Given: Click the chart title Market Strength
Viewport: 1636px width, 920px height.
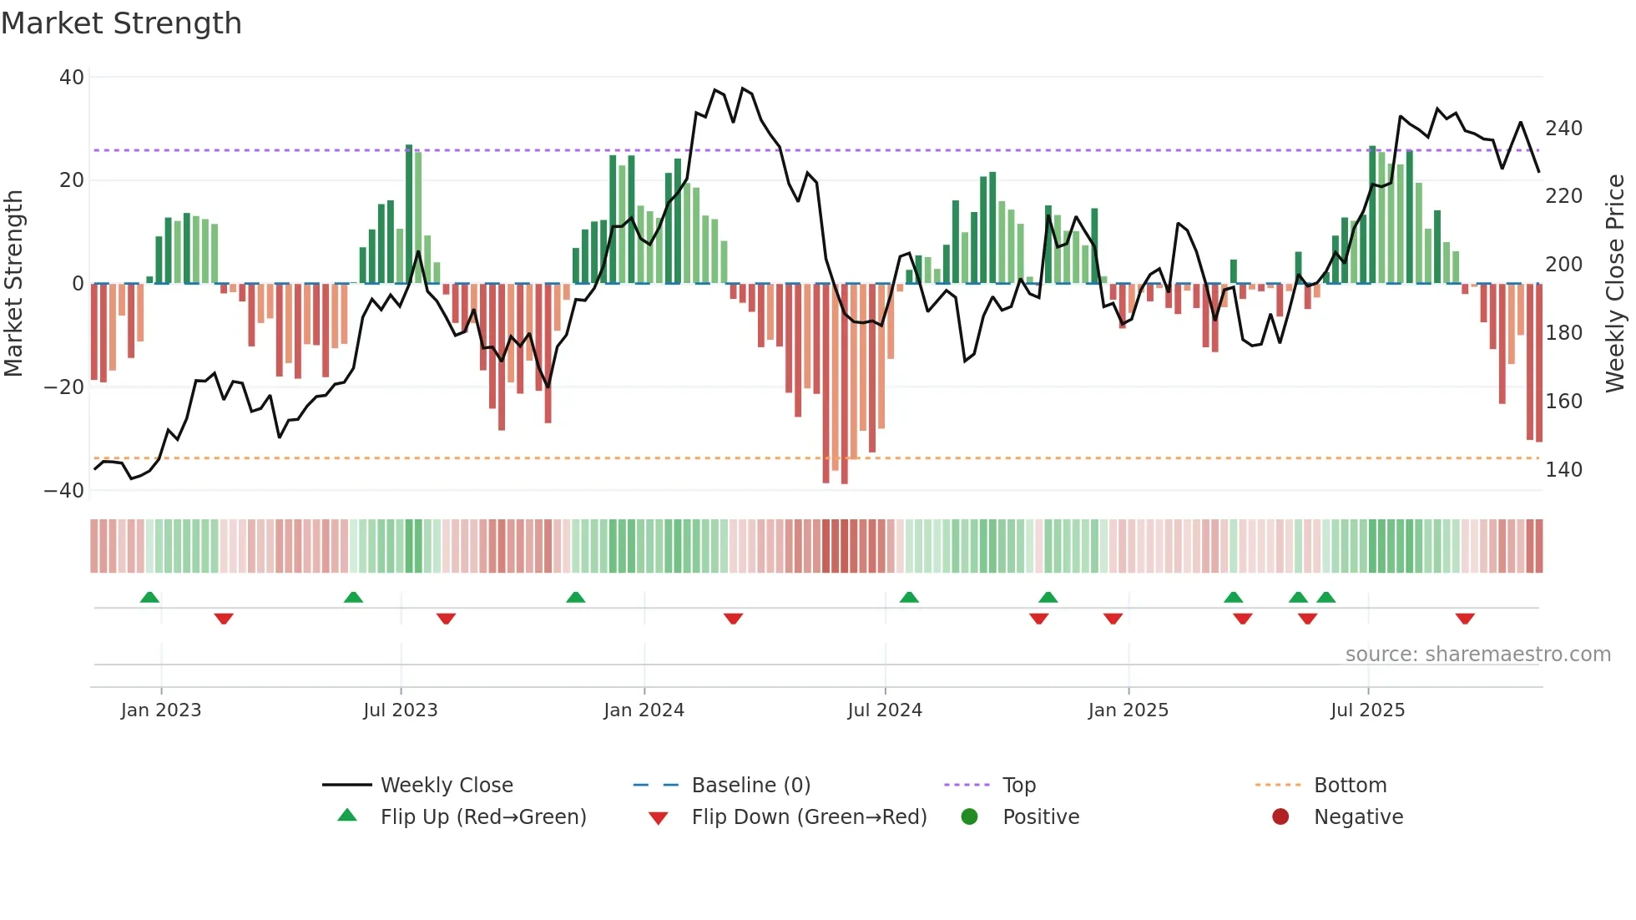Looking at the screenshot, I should coord(121,23).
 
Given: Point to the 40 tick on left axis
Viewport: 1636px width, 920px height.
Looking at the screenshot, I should coord(72,78).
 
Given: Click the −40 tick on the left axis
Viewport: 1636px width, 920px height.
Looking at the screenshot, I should coord(64,490).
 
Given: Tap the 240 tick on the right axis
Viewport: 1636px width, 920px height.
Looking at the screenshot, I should coord(1563,129).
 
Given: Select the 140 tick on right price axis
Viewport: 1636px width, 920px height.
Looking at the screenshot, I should coord(1563,470).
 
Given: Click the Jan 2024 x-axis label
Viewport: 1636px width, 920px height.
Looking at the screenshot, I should coord(644,710).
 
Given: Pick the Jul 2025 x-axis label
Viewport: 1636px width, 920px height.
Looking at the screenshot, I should coord(1367,710).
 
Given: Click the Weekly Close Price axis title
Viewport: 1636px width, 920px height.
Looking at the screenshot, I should coord(1616,284).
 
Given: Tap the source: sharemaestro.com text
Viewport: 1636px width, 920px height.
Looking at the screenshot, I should coord(1477,655).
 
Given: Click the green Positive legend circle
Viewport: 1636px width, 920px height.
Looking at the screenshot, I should coord(969,817).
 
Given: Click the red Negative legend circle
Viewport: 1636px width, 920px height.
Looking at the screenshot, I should coord(1280,817).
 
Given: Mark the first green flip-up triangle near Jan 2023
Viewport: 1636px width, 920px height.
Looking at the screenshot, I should coord(149,598).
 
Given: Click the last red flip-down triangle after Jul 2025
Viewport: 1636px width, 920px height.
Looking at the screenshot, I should coord(1465,619).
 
